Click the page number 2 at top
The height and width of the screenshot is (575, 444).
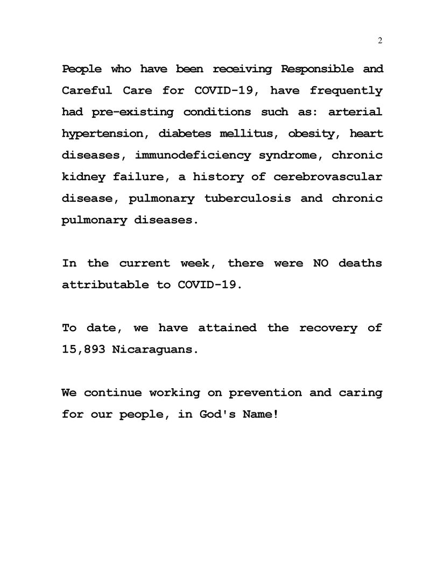[380, 41]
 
